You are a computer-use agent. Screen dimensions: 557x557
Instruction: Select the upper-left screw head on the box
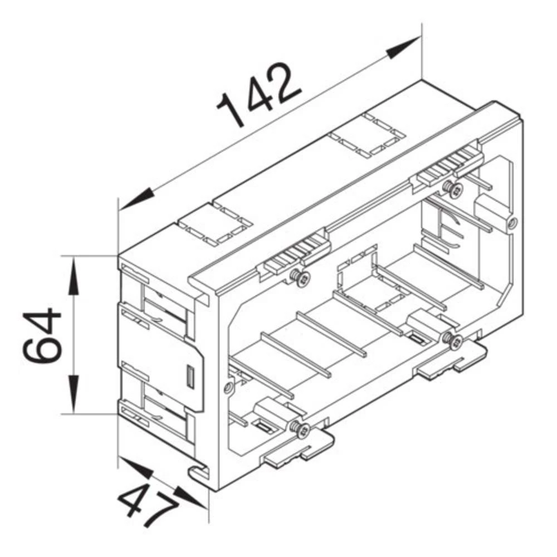(301, 278)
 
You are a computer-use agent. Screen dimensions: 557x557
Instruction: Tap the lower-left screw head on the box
(301, 429)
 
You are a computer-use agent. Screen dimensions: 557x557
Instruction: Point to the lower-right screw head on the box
(455, 341)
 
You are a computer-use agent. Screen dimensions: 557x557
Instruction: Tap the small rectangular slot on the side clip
(188, 377)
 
